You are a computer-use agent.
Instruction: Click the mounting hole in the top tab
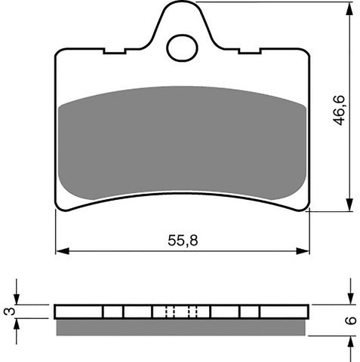181,48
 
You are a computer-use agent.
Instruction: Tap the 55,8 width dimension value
182,241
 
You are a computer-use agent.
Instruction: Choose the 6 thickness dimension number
350,320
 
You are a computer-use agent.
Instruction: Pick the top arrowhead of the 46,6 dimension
349,8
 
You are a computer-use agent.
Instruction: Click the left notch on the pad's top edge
114,52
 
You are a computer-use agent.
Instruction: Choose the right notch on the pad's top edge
249,52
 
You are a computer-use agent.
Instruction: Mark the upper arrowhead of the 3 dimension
18,299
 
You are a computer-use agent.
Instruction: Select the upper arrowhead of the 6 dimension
350,299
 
